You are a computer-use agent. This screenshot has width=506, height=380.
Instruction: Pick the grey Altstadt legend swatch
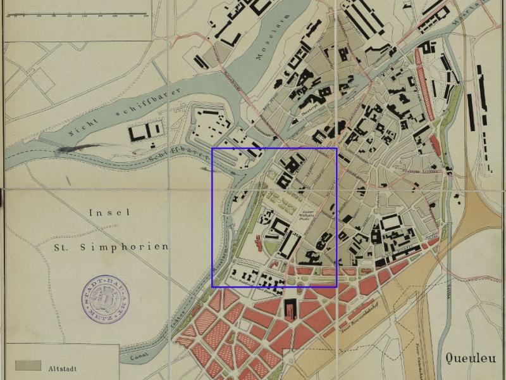[x=28, y=366]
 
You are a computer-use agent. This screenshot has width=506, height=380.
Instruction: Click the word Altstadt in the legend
[x=62, y=367]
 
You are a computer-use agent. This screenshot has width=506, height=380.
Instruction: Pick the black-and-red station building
[x=290, y=310]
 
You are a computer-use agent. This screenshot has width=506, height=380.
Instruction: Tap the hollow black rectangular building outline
[x=390, y=224]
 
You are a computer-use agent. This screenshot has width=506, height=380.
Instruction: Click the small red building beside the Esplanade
[x=259, y=241]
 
